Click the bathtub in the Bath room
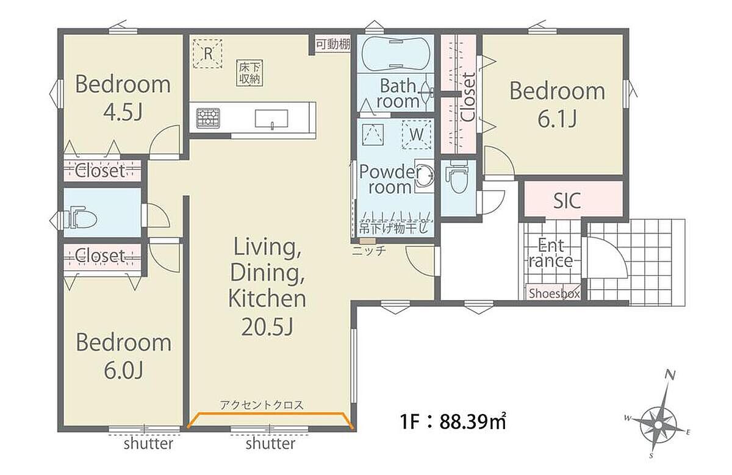tap(395, 54)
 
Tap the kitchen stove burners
tap(208, 118)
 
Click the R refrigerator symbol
tap(208, 54)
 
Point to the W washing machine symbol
tap(416, 135)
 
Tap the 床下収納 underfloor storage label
tap(250, 74)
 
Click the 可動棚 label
tap(332, 45)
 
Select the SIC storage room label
tap(567, 200)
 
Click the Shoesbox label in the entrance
tap(554, 294)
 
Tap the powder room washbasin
tap(426, 176)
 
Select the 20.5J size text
tap(267, 326)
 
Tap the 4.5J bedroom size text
tap(123, 112)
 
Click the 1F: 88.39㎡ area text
tap(453, 421)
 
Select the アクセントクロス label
tap(262, 405)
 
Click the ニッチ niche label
tap(369, 251)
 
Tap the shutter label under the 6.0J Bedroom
tap(148, 444)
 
